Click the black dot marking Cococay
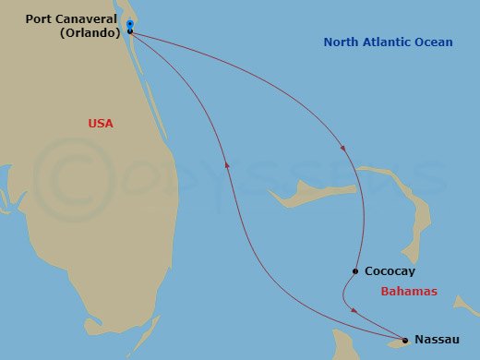coord(355,271)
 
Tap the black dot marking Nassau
coord(404,340)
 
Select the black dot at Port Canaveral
coord(130,31)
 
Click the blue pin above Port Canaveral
coord(130,24)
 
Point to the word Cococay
coord(390,272)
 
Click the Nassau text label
coord(437,340)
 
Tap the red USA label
coord(101,123)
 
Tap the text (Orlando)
coord(91,33)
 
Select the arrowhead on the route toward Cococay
coord(344,148)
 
